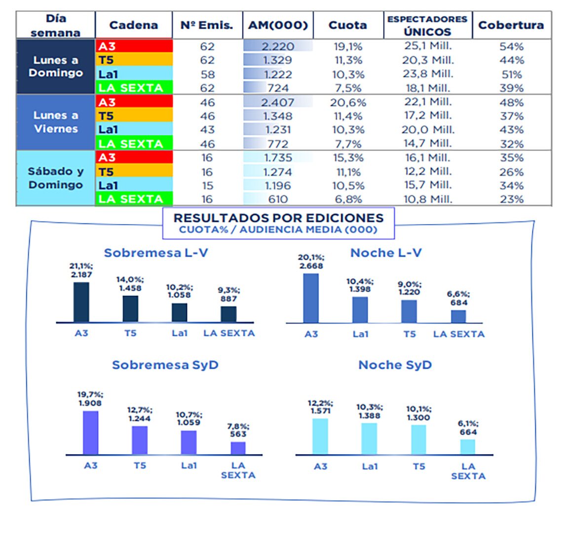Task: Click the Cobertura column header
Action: (511, 25)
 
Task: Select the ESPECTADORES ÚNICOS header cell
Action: (427, 25)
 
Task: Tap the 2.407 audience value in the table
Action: (278, 103)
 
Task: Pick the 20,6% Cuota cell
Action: (348, 103)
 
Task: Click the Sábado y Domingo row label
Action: (56, 178)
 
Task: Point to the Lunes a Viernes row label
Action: (56, 122)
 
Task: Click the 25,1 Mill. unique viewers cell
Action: (427, 46)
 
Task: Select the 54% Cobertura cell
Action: (511, 46)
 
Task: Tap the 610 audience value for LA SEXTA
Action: (278, 199)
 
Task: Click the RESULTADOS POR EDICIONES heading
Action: (278, 218)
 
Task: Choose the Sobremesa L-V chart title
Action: (156, 253)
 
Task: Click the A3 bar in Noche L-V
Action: (311, 298)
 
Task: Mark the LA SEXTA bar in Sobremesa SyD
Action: (238, 448)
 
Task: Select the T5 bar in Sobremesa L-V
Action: (130, 309)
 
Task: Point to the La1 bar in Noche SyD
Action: (369, 438)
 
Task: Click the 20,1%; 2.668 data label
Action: (311, 262)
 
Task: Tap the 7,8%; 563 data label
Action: (238, 430)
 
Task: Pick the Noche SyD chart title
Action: (395, 365)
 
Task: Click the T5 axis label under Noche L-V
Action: (410, 334)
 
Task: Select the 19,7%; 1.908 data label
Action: (90, 399)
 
